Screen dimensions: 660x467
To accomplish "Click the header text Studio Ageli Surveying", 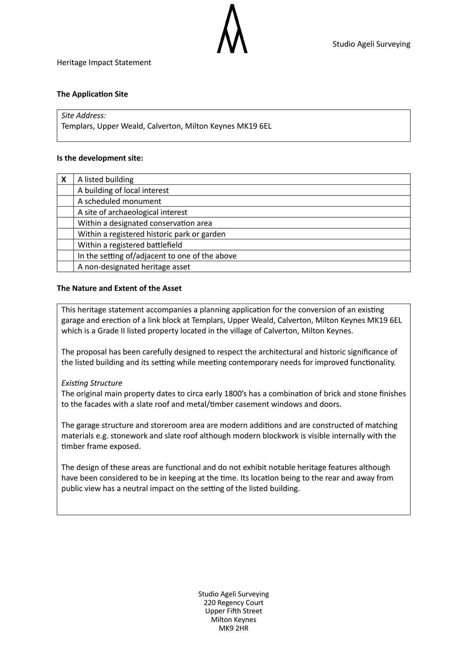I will (371, 44).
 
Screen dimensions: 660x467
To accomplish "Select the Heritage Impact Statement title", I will (104, 63).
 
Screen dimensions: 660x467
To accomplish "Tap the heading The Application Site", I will (92, 94).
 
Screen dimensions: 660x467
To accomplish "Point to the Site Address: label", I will (84, 116).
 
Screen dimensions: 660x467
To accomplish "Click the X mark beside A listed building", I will (64, 179).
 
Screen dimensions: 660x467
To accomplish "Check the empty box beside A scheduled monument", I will (65, 201).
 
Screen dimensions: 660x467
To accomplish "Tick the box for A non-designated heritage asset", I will (65, 267).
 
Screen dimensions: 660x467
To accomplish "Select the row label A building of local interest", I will (123, 191).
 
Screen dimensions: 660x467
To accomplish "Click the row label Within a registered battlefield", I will (130, 245).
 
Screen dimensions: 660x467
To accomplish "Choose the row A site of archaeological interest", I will (132, 212).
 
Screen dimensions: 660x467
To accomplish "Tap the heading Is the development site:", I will (100, 158).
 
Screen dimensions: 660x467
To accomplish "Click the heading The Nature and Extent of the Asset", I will (119, 288).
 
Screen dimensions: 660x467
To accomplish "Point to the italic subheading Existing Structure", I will (92, 383).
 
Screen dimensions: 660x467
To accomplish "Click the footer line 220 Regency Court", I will (233, 603).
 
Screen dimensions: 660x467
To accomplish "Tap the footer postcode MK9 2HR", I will (233, 629).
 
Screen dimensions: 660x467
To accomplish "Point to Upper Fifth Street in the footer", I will (233, 611).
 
